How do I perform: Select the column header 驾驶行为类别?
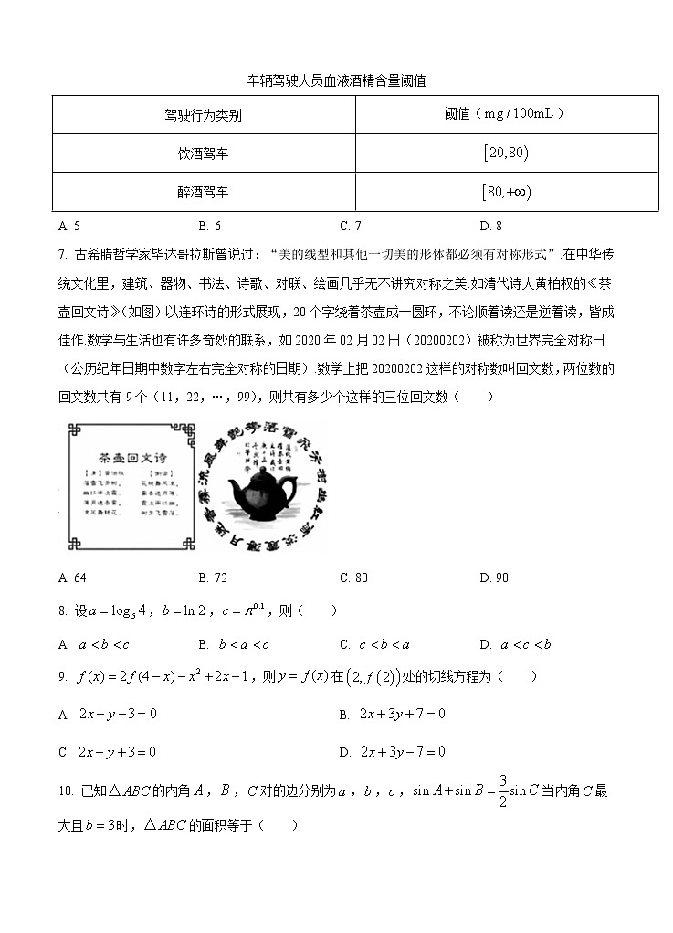click(x=203, y=115)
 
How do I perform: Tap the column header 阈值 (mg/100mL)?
click(x=505, y=114)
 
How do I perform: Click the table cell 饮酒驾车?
click(x=203, y=154)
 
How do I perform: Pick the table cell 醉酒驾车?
click(x=203, y=193)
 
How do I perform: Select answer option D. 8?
click(x=490, y=226)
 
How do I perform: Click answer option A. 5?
click(x=69, y=226)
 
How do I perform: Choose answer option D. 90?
click(x=494, y=578)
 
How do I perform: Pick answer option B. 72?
click(x=213, y=578)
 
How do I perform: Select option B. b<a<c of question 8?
click(x=234, y=644)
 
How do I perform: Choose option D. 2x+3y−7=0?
click(x=392, y=752)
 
